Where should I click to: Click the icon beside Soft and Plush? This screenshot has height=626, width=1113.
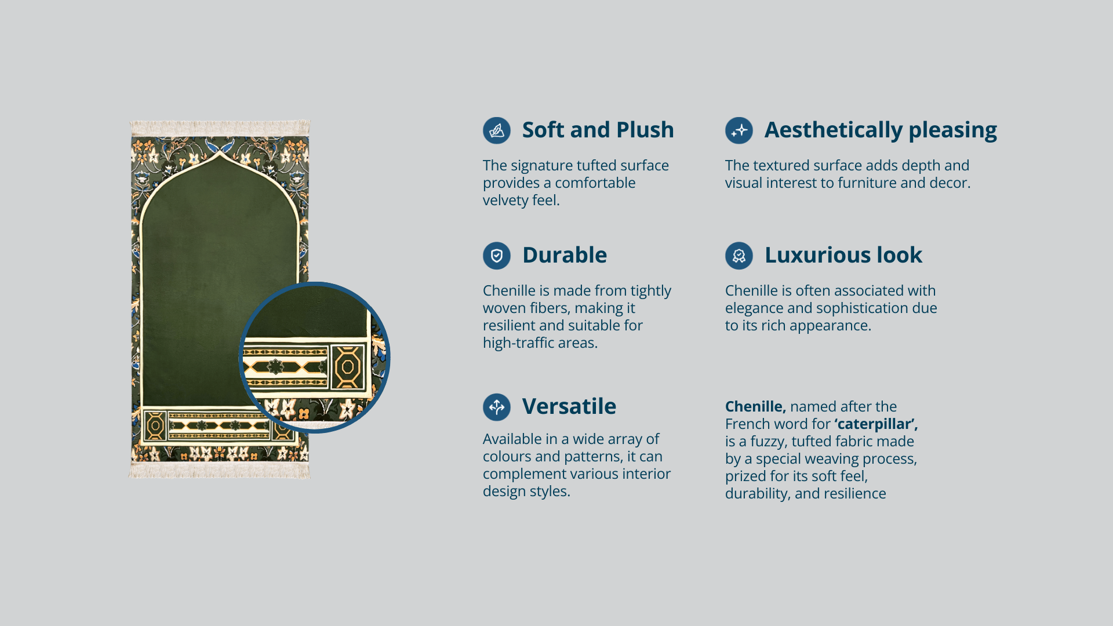497,130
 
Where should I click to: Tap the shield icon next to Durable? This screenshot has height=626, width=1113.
497,256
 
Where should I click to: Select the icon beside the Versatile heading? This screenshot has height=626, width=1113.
497,407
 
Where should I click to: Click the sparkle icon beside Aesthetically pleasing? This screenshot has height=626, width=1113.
739,130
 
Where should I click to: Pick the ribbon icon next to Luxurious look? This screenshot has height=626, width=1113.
739,256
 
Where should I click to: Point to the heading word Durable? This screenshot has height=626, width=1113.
565,255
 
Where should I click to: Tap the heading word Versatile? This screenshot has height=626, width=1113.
569,406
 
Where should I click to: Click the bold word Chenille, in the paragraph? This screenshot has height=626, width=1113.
755,407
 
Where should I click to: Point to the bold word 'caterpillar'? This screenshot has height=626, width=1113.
876,424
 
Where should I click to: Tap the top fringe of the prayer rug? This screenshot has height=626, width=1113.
220,128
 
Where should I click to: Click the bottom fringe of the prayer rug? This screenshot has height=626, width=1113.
220,470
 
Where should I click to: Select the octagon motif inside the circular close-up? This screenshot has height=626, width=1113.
348,367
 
